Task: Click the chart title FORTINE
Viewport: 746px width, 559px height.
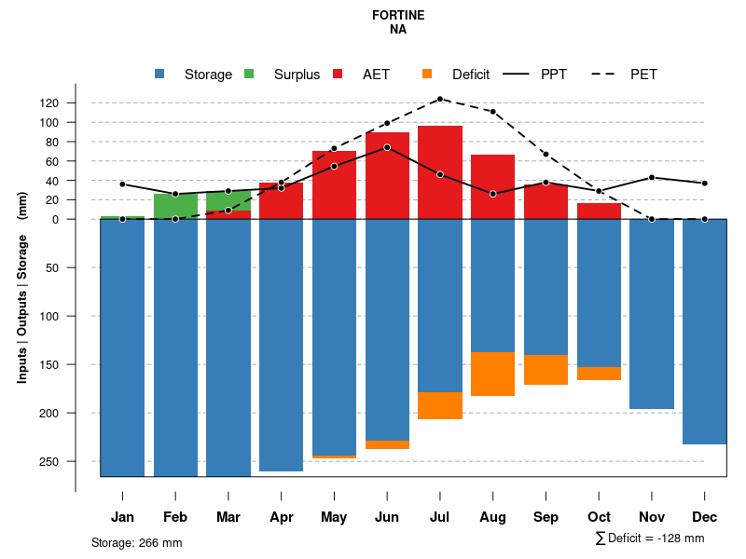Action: [x=398, y=15]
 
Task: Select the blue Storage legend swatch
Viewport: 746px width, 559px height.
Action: [x=159, y=74]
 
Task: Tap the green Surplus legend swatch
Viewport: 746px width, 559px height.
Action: [x=249, y=74]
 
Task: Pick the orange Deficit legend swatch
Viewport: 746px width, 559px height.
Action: [x=427, y=74]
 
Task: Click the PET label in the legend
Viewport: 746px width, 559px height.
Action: [x=643, y=75]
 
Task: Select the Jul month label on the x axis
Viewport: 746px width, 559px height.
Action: [x=440, y=517]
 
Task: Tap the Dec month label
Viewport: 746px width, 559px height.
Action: [x=705, y=517]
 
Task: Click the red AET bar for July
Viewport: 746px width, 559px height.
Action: [x=440, y=172]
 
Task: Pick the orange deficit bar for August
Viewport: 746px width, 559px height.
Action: [x=493, y=374]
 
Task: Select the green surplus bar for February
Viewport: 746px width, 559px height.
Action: [x=175, y=206]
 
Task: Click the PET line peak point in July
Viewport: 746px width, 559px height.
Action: [x=440, y=99]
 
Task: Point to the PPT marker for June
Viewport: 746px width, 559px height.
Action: [x=387, y=147]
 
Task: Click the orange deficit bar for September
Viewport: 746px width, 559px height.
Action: [x=546, y=370]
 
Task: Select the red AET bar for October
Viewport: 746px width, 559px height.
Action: [x=599, y=211]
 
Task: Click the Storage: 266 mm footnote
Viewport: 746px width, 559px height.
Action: [x=137, y=542]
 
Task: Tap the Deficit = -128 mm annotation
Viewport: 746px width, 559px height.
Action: [x=650, y=539]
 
